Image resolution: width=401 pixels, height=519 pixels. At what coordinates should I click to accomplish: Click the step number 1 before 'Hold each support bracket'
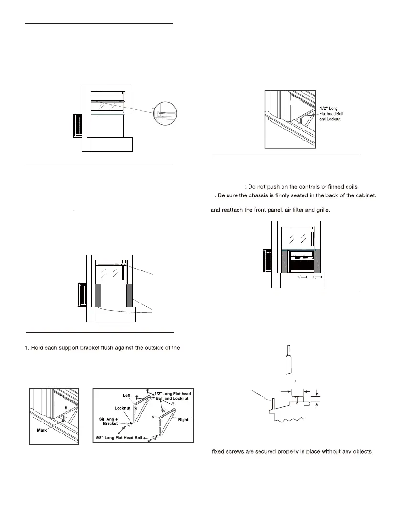pyautogui.click(x=26, y=347)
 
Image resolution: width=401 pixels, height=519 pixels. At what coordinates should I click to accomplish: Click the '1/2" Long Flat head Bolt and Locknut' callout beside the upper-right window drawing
pyautogui.click(x=332, y=113)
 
